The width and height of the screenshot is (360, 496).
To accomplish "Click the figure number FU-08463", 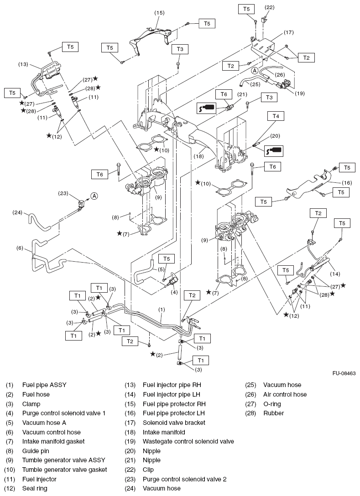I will [341, 373].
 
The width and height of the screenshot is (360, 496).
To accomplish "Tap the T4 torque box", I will [275, 116].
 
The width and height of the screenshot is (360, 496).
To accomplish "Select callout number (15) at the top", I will [159, 12].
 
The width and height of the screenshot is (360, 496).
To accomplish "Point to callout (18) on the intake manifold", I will [198, 155].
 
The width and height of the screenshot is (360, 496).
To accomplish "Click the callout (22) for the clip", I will [270, 8].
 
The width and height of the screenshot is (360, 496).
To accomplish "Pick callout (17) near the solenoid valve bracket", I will [289, 32].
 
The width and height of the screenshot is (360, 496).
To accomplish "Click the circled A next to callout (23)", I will [94, 196].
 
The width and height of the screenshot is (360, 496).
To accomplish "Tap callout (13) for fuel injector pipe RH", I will [23, 64].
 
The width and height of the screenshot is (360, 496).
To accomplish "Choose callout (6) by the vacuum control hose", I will [20, 248].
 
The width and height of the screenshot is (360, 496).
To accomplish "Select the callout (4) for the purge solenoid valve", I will [174, 293].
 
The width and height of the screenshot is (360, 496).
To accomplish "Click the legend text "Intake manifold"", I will [164, 432].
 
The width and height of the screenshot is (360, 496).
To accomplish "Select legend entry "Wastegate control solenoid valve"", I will [188, 441].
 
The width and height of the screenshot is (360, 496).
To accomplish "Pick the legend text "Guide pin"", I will [36, 451].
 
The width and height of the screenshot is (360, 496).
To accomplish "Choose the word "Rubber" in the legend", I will [273, 413].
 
